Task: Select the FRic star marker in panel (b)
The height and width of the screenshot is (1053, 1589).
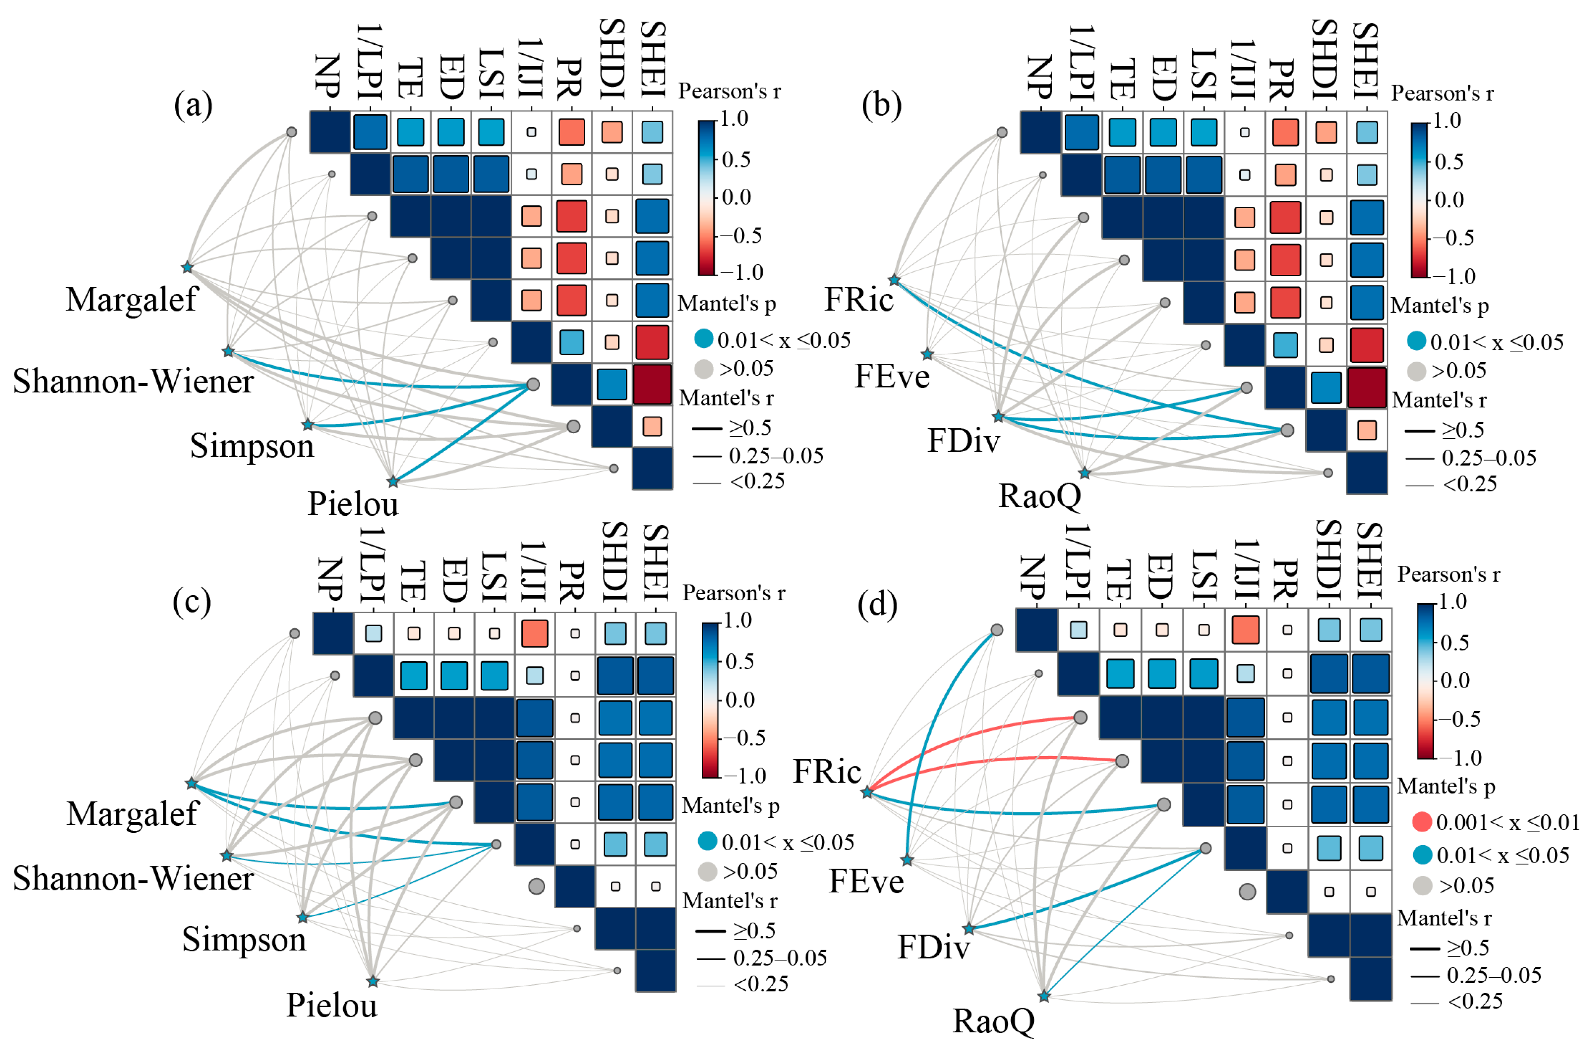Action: (x=894, y=279)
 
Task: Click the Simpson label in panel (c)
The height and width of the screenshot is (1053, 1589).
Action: (x=244, y=939)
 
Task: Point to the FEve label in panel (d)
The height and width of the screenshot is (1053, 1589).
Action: (x=866, y=881)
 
